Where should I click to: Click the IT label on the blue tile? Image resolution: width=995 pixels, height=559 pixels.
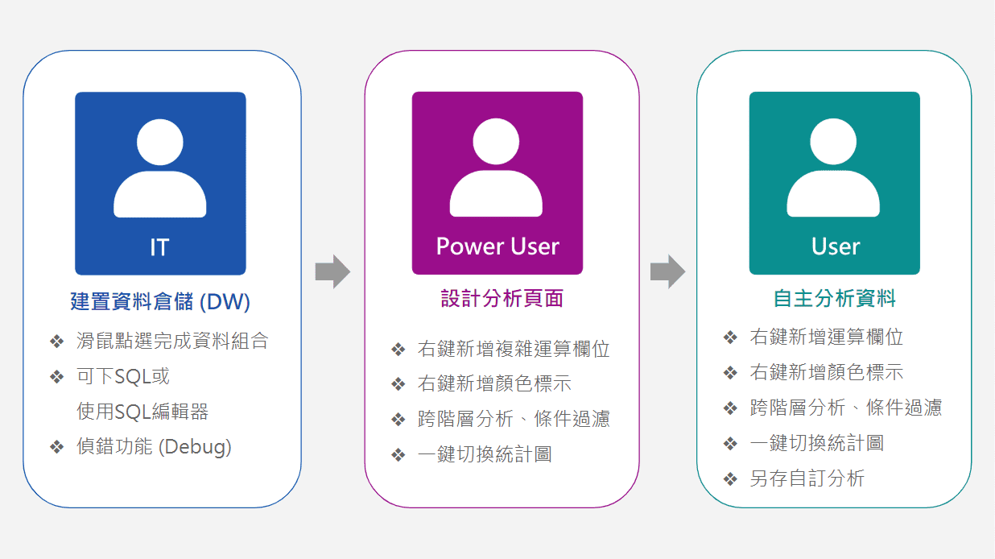point(159,246)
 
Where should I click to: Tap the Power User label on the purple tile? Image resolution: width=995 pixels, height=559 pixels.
point(497,246)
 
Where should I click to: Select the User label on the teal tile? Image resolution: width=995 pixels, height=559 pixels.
point(835,246)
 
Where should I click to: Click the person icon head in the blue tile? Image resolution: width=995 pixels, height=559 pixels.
point(159,142)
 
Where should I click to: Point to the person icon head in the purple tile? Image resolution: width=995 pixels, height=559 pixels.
point(496,142)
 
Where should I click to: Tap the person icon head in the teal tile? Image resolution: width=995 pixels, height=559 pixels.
point(833,142)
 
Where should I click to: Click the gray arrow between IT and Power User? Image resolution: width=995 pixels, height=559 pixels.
point(332,271)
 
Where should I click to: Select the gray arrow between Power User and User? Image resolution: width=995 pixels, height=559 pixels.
point(667,271)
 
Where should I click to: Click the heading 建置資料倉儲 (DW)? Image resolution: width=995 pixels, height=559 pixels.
point(160,302)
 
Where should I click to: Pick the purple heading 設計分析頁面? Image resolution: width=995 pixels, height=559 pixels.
point(502,299)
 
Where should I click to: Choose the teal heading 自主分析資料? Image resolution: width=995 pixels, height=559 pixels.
point(834,299)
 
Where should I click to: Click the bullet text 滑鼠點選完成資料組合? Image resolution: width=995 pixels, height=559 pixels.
point(172,341)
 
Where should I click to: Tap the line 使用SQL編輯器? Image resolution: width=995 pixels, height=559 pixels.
point(142,412)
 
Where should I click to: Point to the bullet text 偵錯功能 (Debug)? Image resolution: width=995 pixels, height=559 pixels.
point(154,446)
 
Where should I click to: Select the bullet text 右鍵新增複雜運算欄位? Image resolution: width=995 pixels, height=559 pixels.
point(514,349)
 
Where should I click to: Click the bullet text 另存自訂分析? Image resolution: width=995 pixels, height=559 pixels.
point(807,478)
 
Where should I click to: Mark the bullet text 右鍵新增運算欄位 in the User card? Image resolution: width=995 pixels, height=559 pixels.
point(826,337)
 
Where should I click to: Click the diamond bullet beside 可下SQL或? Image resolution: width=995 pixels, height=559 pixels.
point(56,377)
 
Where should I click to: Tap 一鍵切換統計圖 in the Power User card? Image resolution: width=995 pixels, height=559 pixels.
point(485,454)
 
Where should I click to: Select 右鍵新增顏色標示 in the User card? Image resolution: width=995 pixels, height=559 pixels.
point(826,372)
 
